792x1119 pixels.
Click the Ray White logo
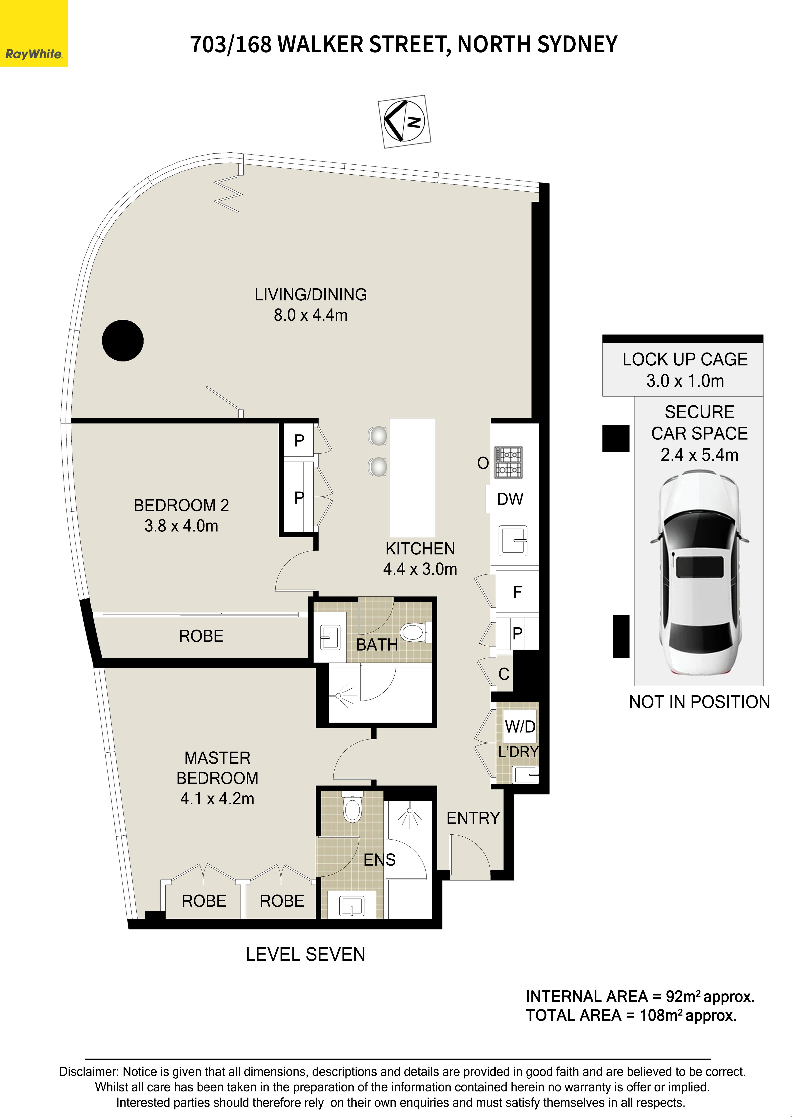tap(34, 33)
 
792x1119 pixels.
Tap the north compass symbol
tap(404, 121)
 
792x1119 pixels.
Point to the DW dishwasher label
tap(510, 499)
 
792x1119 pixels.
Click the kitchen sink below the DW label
tap(513, 540)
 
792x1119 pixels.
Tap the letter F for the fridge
tap(517, 592)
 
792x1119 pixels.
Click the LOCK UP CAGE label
tap(685, 359)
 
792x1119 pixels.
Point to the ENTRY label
tap(473, 818)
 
